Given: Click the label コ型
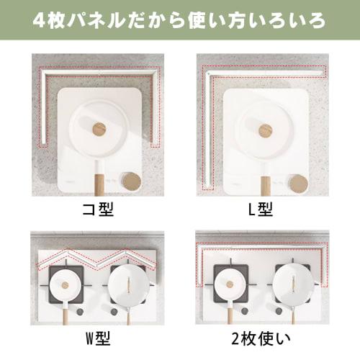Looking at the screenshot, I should coord(98,211).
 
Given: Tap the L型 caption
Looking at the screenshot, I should coord(261,211).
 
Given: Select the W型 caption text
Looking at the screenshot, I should coord(98,338).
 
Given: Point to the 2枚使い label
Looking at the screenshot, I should coord(261,338).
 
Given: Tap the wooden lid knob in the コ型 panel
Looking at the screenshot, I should coord(99,129).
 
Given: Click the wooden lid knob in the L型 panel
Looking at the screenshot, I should coord(266,130).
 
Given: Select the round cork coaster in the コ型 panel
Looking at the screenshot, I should coord(130,181).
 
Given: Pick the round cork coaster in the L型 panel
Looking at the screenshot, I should coord(297,183).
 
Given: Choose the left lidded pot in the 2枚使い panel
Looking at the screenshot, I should coord(231,284).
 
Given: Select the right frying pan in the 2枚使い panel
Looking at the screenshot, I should coord(294,282).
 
